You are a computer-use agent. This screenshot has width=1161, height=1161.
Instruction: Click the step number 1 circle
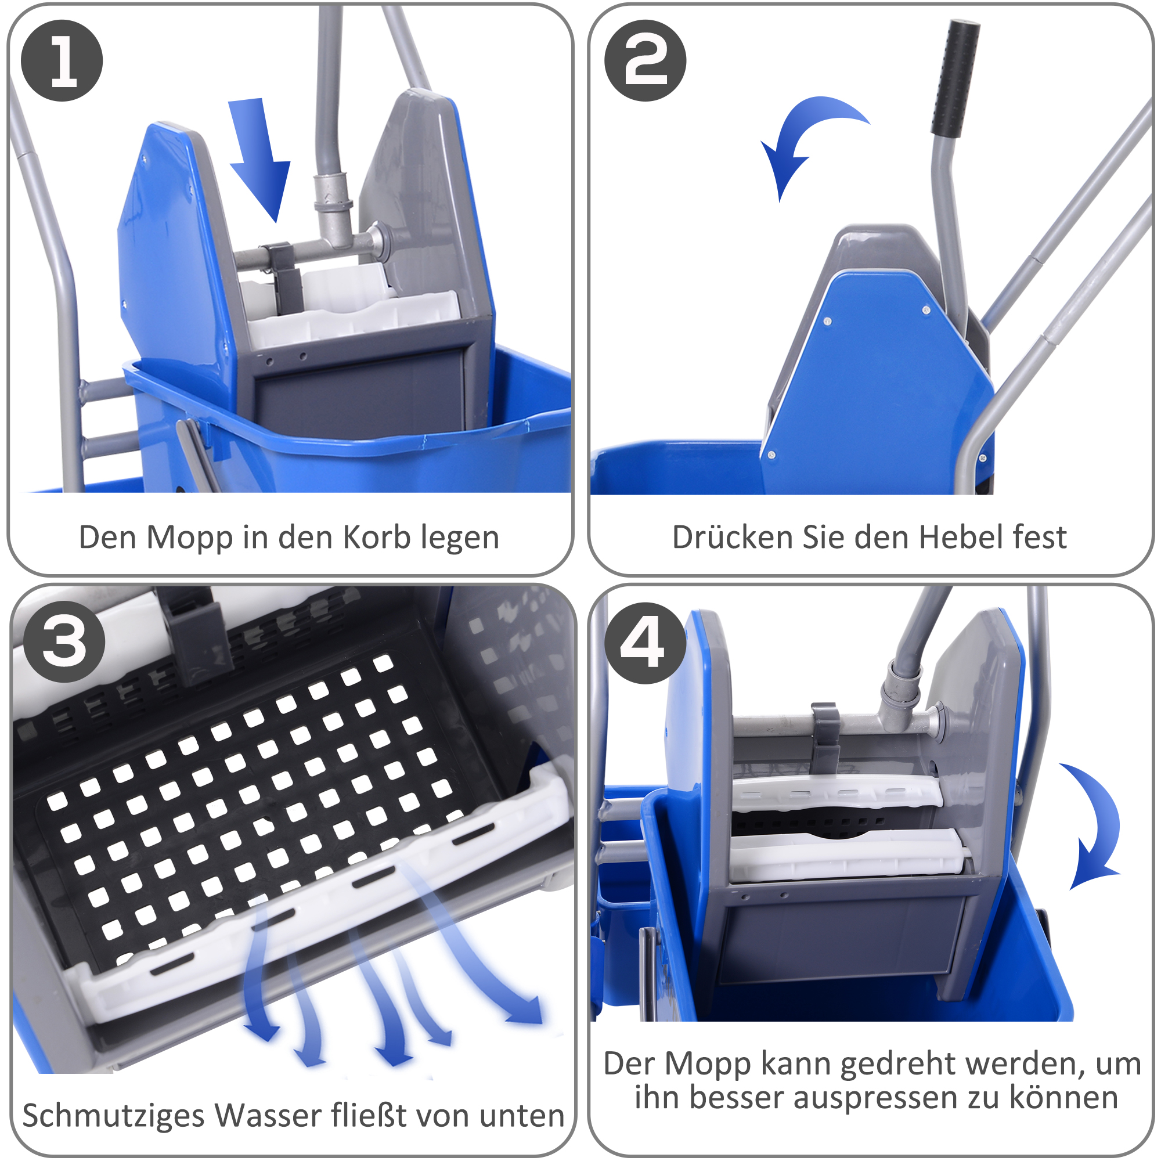(x=62, y=61)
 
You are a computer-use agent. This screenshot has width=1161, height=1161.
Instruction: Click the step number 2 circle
(x=645, y=61)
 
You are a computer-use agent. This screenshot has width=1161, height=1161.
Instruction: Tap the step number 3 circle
(x=64, y=641)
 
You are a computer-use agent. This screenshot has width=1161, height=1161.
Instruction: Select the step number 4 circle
(x=645, y=643)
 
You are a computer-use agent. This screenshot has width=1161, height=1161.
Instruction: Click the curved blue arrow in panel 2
(x=805, y=138)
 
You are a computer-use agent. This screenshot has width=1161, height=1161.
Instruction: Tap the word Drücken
(x=732, y=536)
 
